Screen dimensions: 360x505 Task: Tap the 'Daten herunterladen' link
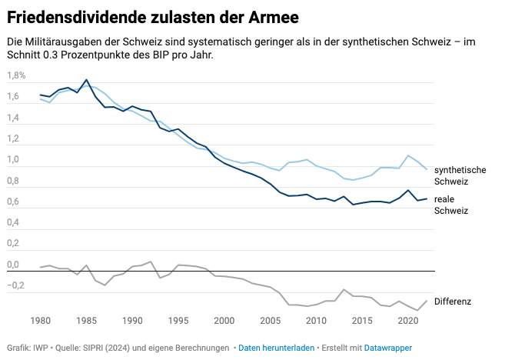pyautogui.click(x=276, y=348)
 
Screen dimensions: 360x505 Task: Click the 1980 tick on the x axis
pyautogui.click(x=40, y=319)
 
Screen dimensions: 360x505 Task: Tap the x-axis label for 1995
pyautogui.click(x=178, y=319)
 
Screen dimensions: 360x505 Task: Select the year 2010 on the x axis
pyautogui.click(x=315, y=319)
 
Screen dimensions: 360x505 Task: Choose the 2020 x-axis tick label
pyautogui.click(x=407, y=319)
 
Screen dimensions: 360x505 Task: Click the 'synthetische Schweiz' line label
pyautogui.click(x=460, y=175)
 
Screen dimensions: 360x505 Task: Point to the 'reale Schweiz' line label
pyautogui.click(x=451, y=205)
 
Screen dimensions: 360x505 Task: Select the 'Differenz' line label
pyautogui.click(x=454, y=302)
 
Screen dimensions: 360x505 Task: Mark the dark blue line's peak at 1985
pyautogui.click(x=86, y=80)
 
